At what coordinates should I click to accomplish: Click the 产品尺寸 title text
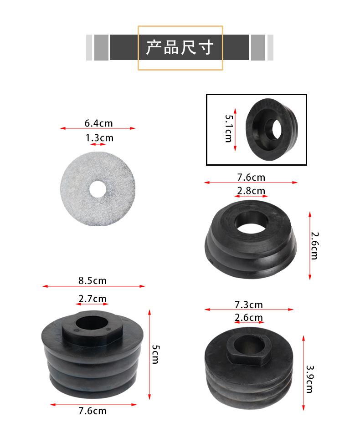point(180,47)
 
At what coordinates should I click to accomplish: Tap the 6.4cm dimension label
point(98,123)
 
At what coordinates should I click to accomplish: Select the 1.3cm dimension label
point(99,138)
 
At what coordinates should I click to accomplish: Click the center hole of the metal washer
point(98,189)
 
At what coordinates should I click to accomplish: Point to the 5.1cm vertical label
point(229,128)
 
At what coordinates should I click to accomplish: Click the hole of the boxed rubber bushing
point(276,129)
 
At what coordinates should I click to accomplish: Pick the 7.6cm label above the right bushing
point(251,178)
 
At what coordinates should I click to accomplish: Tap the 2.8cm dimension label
point(251,190)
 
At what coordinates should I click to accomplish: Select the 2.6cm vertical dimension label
point(314,246)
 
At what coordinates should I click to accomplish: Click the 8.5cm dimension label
point(93,280)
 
